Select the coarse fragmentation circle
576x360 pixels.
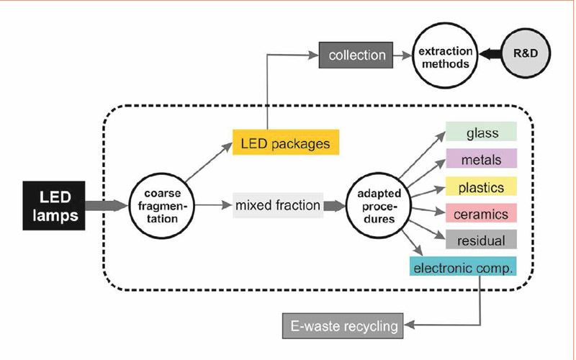pyautogui.click(x=157, y=205)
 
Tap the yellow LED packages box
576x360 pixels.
pyautogui.click(x=285, y=143)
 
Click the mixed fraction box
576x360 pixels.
pyautogui.click(x=277, y=205)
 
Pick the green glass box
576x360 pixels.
pyautogui.click(x=481, y=132)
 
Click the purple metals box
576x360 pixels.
pyautogui.click(x=481, y=158)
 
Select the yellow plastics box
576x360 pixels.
pyautogui.click(x=481, y=186)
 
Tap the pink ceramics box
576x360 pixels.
pyautogui.click(x=481, y=213)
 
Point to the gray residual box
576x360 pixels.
pyautogui.click(x=481, y=240)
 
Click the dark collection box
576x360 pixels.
pyautogui.click(x=356, y=55)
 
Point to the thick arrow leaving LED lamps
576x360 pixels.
pyautogui.click(x=107, y=205)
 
